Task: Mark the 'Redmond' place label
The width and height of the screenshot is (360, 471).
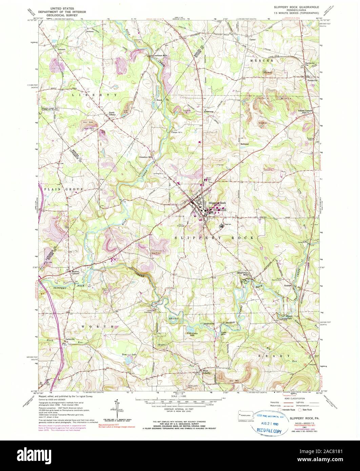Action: click(x=245, y=144)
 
